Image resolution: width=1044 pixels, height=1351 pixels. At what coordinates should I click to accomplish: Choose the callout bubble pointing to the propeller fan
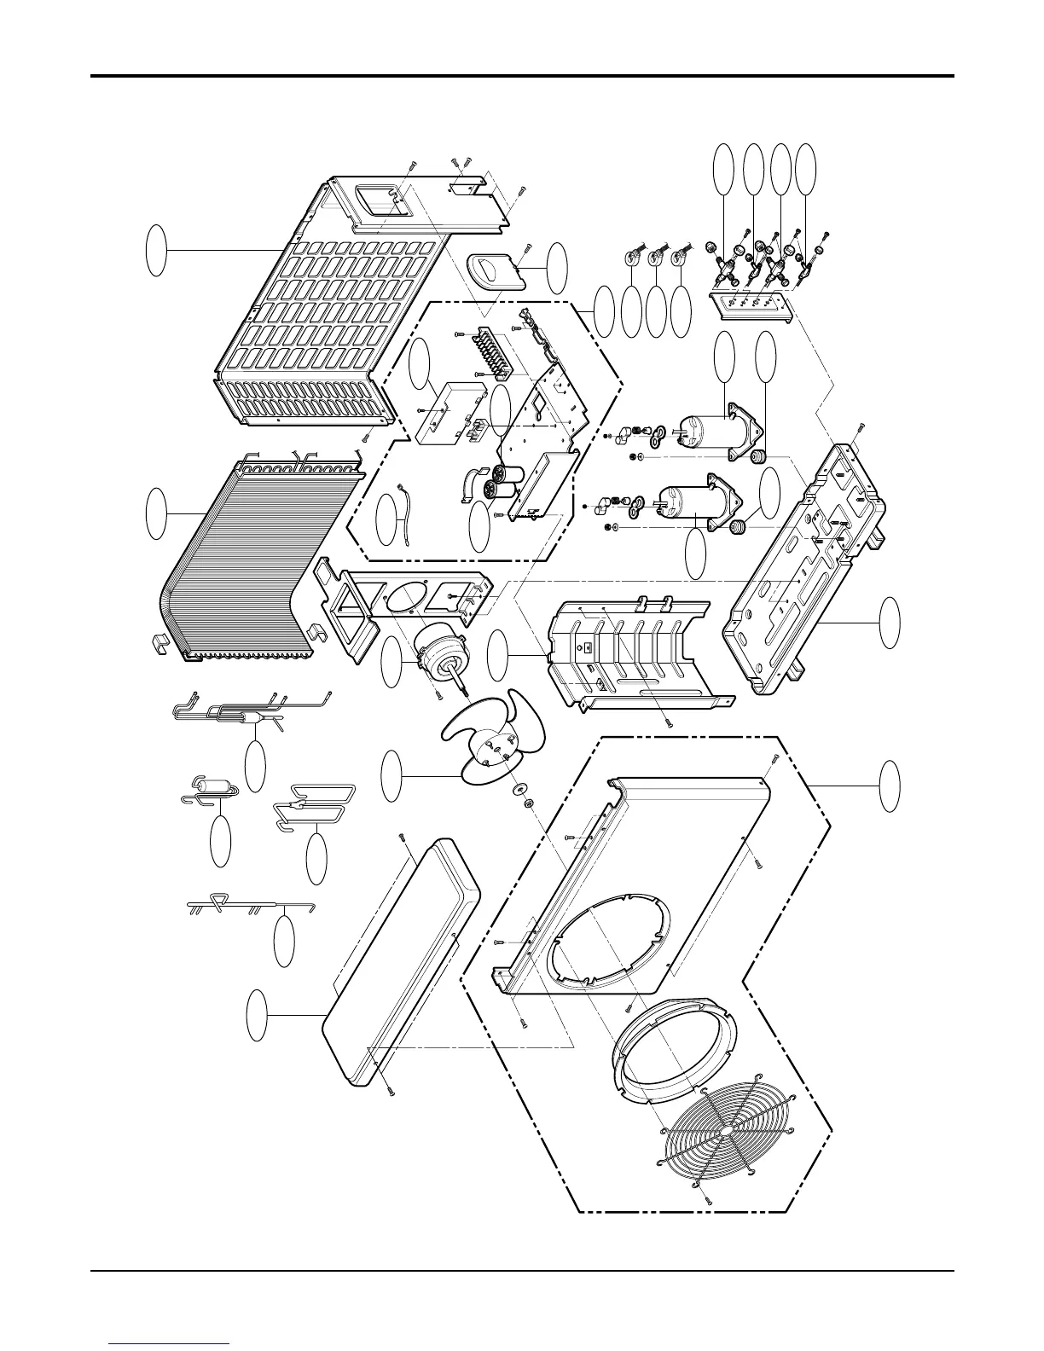coord(391,776)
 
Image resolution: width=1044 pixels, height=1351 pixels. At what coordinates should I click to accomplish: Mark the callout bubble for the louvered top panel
coord(154,250)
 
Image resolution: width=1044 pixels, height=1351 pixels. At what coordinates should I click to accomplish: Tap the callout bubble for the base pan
coord(890,622)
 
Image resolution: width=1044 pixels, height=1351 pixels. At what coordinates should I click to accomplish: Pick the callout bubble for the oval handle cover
coord(556,267)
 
